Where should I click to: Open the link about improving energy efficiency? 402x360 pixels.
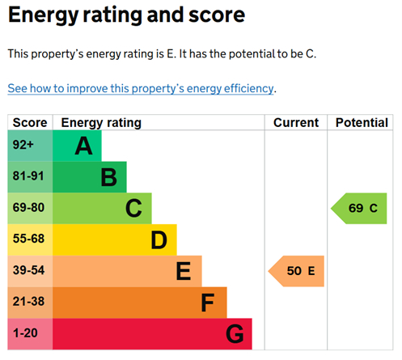coord(142,88)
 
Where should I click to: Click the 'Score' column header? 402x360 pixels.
coord(30,123)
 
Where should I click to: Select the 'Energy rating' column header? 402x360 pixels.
coord(101,123)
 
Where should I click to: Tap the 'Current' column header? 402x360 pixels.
coord(295,123)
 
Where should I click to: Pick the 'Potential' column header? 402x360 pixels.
coord(362,123)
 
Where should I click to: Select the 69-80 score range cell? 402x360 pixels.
coord(30,209)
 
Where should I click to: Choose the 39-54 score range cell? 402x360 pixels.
coord(30,271)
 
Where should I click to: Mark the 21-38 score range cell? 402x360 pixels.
coord(30,303)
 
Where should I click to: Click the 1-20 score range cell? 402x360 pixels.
coord(30,333)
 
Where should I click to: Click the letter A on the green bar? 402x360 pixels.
coord(83,146)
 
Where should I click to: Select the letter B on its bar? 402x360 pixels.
coord(108,177)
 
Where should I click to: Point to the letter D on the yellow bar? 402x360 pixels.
coord(159,240)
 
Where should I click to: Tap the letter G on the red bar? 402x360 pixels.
coord(234,333)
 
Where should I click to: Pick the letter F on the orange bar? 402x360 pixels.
coord(208,303)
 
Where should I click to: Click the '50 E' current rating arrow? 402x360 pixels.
coord(297,271)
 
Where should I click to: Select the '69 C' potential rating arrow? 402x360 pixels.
coord(360,209)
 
